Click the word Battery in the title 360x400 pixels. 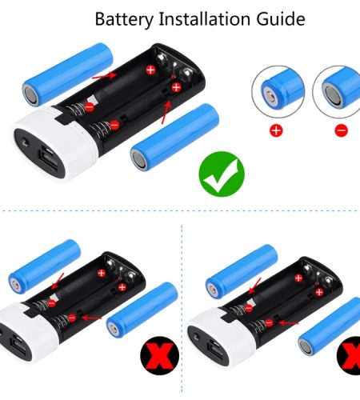[x=124, y=19]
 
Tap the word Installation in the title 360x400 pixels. [x=204, y=19]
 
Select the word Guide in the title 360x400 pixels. [x=281, y=19]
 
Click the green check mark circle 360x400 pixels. [x=222, y=174]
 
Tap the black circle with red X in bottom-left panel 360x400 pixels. [x=160, y=355]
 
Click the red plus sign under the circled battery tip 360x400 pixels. [x=276, y=130]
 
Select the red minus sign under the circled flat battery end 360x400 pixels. [x=342, y=130]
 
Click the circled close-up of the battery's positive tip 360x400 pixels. [x=278, y=92]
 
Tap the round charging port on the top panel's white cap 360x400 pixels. [x=26, y=142]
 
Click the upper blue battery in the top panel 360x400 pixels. [x=68, y=74]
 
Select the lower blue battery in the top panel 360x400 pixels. [x=175, y=137]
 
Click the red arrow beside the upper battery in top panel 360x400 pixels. [x=104, y=75]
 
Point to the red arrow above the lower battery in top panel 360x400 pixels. [x=166, y=112]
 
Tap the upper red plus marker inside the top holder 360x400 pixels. [x=150, y=70]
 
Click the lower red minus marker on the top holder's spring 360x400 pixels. [x=114, y=125]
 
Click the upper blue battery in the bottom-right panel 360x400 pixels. [x=242, y=271]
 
